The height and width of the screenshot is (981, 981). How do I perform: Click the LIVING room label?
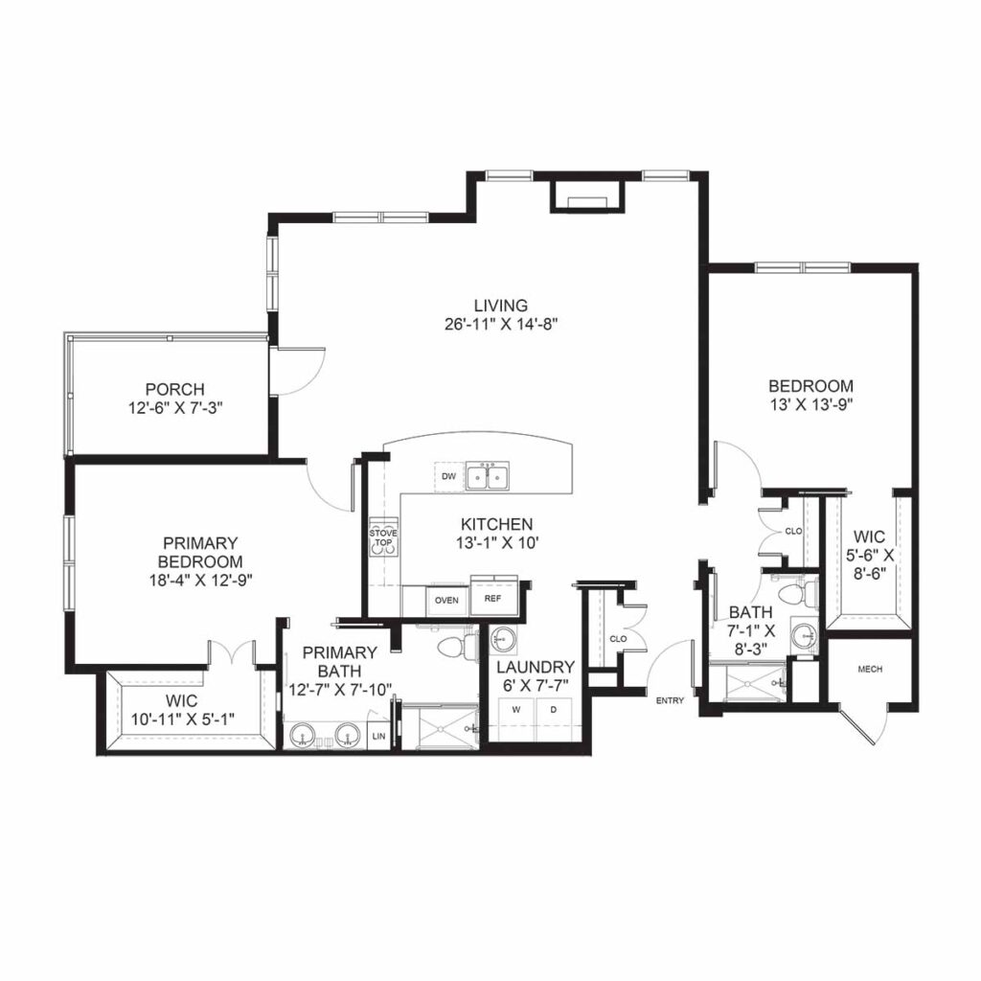click(x=494, y=306)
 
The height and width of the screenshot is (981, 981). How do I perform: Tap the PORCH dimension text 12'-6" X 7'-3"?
click(x=174, y=406)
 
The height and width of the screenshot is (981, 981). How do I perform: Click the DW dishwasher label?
click(x=447, y=475)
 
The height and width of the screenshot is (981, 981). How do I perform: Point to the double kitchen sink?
click(x=489, y=476)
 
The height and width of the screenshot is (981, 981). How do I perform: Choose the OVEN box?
click(x=445, y=601)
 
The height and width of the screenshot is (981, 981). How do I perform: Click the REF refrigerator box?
click(x=493, y=600)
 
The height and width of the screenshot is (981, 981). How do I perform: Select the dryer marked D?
click(x=553, y=710)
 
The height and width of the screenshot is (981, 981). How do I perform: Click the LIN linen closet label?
click(x=378, y=737)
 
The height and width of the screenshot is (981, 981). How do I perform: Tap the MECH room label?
click(x=870, y=670)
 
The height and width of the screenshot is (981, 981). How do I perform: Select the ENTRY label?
click(x=670, y=701)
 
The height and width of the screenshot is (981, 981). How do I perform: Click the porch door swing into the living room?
click(x=299, y=370)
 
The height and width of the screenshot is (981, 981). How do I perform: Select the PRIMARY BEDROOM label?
click(x=199, y=552)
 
